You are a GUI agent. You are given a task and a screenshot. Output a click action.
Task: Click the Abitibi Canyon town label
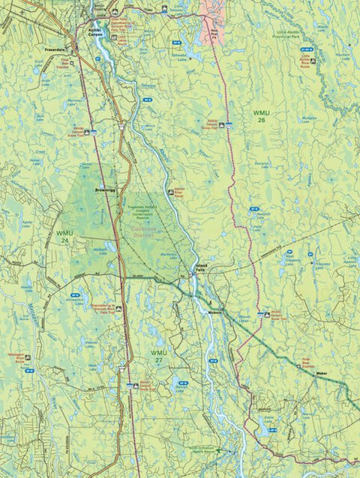tap(88, 33)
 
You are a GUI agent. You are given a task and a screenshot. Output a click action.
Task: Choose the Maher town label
tap(322, 372)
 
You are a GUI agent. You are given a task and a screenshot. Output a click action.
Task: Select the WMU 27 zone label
tap(157, 355)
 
